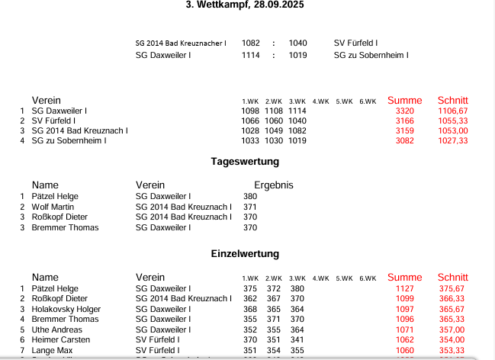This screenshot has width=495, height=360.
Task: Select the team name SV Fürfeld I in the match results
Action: coord(356,43)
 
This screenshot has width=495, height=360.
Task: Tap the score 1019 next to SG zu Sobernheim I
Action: coord(297,55)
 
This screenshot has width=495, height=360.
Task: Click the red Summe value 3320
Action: coord(405,111)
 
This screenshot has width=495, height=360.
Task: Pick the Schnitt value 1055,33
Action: coord(452,121)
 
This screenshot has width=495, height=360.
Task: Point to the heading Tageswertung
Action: coord(245,162)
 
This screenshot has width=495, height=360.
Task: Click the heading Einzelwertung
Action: coord(245,253)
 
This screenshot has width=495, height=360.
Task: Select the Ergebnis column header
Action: coord(273,185)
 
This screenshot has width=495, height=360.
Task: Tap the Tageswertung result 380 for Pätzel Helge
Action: coord(250,196)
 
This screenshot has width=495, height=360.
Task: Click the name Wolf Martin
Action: coord(53,207)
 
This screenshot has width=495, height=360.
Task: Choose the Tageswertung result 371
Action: coord(250,207)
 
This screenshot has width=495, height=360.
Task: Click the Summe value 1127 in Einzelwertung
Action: coord(405,288)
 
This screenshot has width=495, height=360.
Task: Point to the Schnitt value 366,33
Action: coord(452,299)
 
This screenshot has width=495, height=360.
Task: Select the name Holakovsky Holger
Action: coord(66,309)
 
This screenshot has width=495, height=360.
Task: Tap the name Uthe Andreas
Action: coord(56,329)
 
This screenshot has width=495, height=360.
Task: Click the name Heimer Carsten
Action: coord(59,339)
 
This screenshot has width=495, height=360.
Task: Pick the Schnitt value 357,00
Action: coord(452,329)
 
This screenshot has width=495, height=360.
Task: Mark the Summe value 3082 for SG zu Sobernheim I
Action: coord(405,140)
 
